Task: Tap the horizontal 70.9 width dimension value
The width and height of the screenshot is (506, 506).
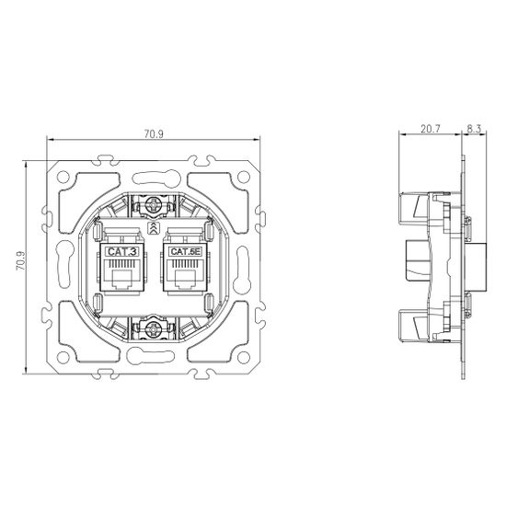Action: pyautogui.click(x=154, y=135)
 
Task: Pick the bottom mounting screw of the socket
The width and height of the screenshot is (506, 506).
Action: pyautogui.click(x=154, y=326)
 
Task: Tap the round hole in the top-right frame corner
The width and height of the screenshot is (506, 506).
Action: pyautogui.click(x=244, y=173)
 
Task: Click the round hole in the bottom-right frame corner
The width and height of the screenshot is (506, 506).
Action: pyautogui.click(x=244, y=353)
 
